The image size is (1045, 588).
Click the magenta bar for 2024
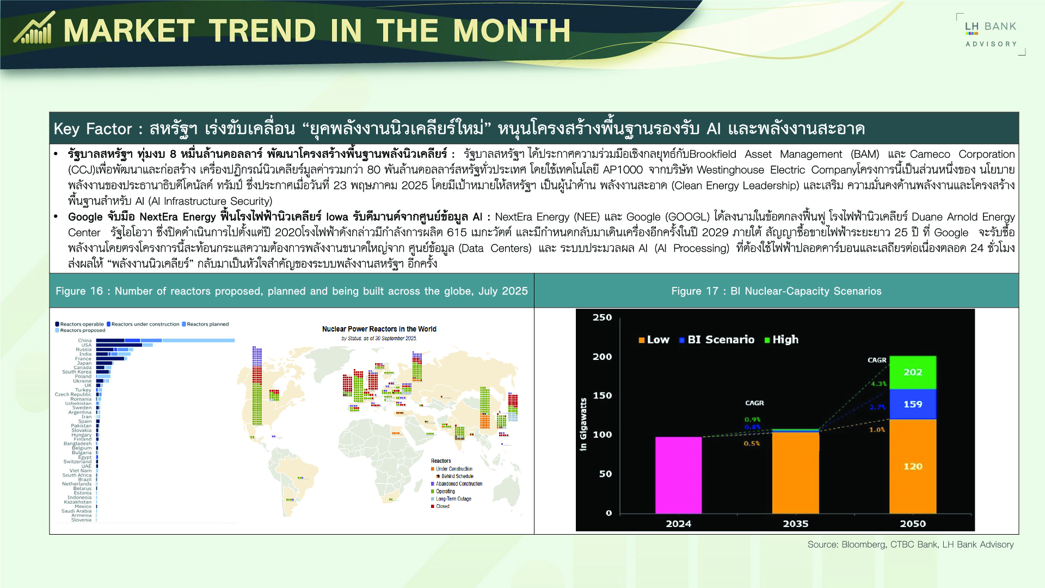pos(678,475)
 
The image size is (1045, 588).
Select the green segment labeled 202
pos(913,372)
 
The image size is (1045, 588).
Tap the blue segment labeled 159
pos(913,404)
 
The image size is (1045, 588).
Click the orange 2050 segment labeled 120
pos(913,466)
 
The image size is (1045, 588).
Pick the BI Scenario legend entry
pos(717,340)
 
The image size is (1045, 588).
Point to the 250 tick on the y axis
pos(602,317)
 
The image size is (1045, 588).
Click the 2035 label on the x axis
pos(795,524)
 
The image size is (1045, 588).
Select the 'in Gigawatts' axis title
pos(583,425)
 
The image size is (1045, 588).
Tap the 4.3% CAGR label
pos(878,384)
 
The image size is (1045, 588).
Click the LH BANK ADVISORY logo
pos(991,34)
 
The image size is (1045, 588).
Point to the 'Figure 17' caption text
pos(776,291)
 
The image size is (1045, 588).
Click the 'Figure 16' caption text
pos(291,291)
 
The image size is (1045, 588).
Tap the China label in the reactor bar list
pos(84,340)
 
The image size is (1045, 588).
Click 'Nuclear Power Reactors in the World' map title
pos(379,329)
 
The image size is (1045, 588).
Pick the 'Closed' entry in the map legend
pos(442,506)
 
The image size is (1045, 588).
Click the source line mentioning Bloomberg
pos(910,544)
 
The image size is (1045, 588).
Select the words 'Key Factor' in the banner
pos(93,129)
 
